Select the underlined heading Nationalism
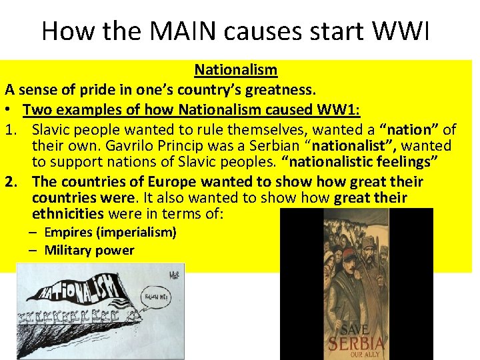(x=236, y=69)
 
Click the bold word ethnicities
(x=67, y=214)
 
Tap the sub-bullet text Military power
(x=89, y=251)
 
